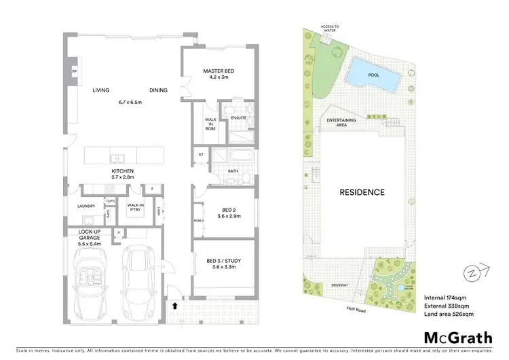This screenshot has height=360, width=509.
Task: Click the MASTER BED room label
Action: tap(219, 71)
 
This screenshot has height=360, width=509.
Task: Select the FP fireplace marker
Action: tap(74, 71)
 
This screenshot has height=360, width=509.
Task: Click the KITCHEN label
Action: tap(124, 170)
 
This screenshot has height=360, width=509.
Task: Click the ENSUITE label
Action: tap(238, 118)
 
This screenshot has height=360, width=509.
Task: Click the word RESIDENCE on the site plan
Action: tap(362, 192)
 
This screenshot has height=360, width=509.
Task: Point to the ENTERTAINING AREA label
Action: tap(342, 122)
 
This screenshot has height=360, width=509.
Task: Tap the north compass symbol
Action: tap(470, 273)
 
